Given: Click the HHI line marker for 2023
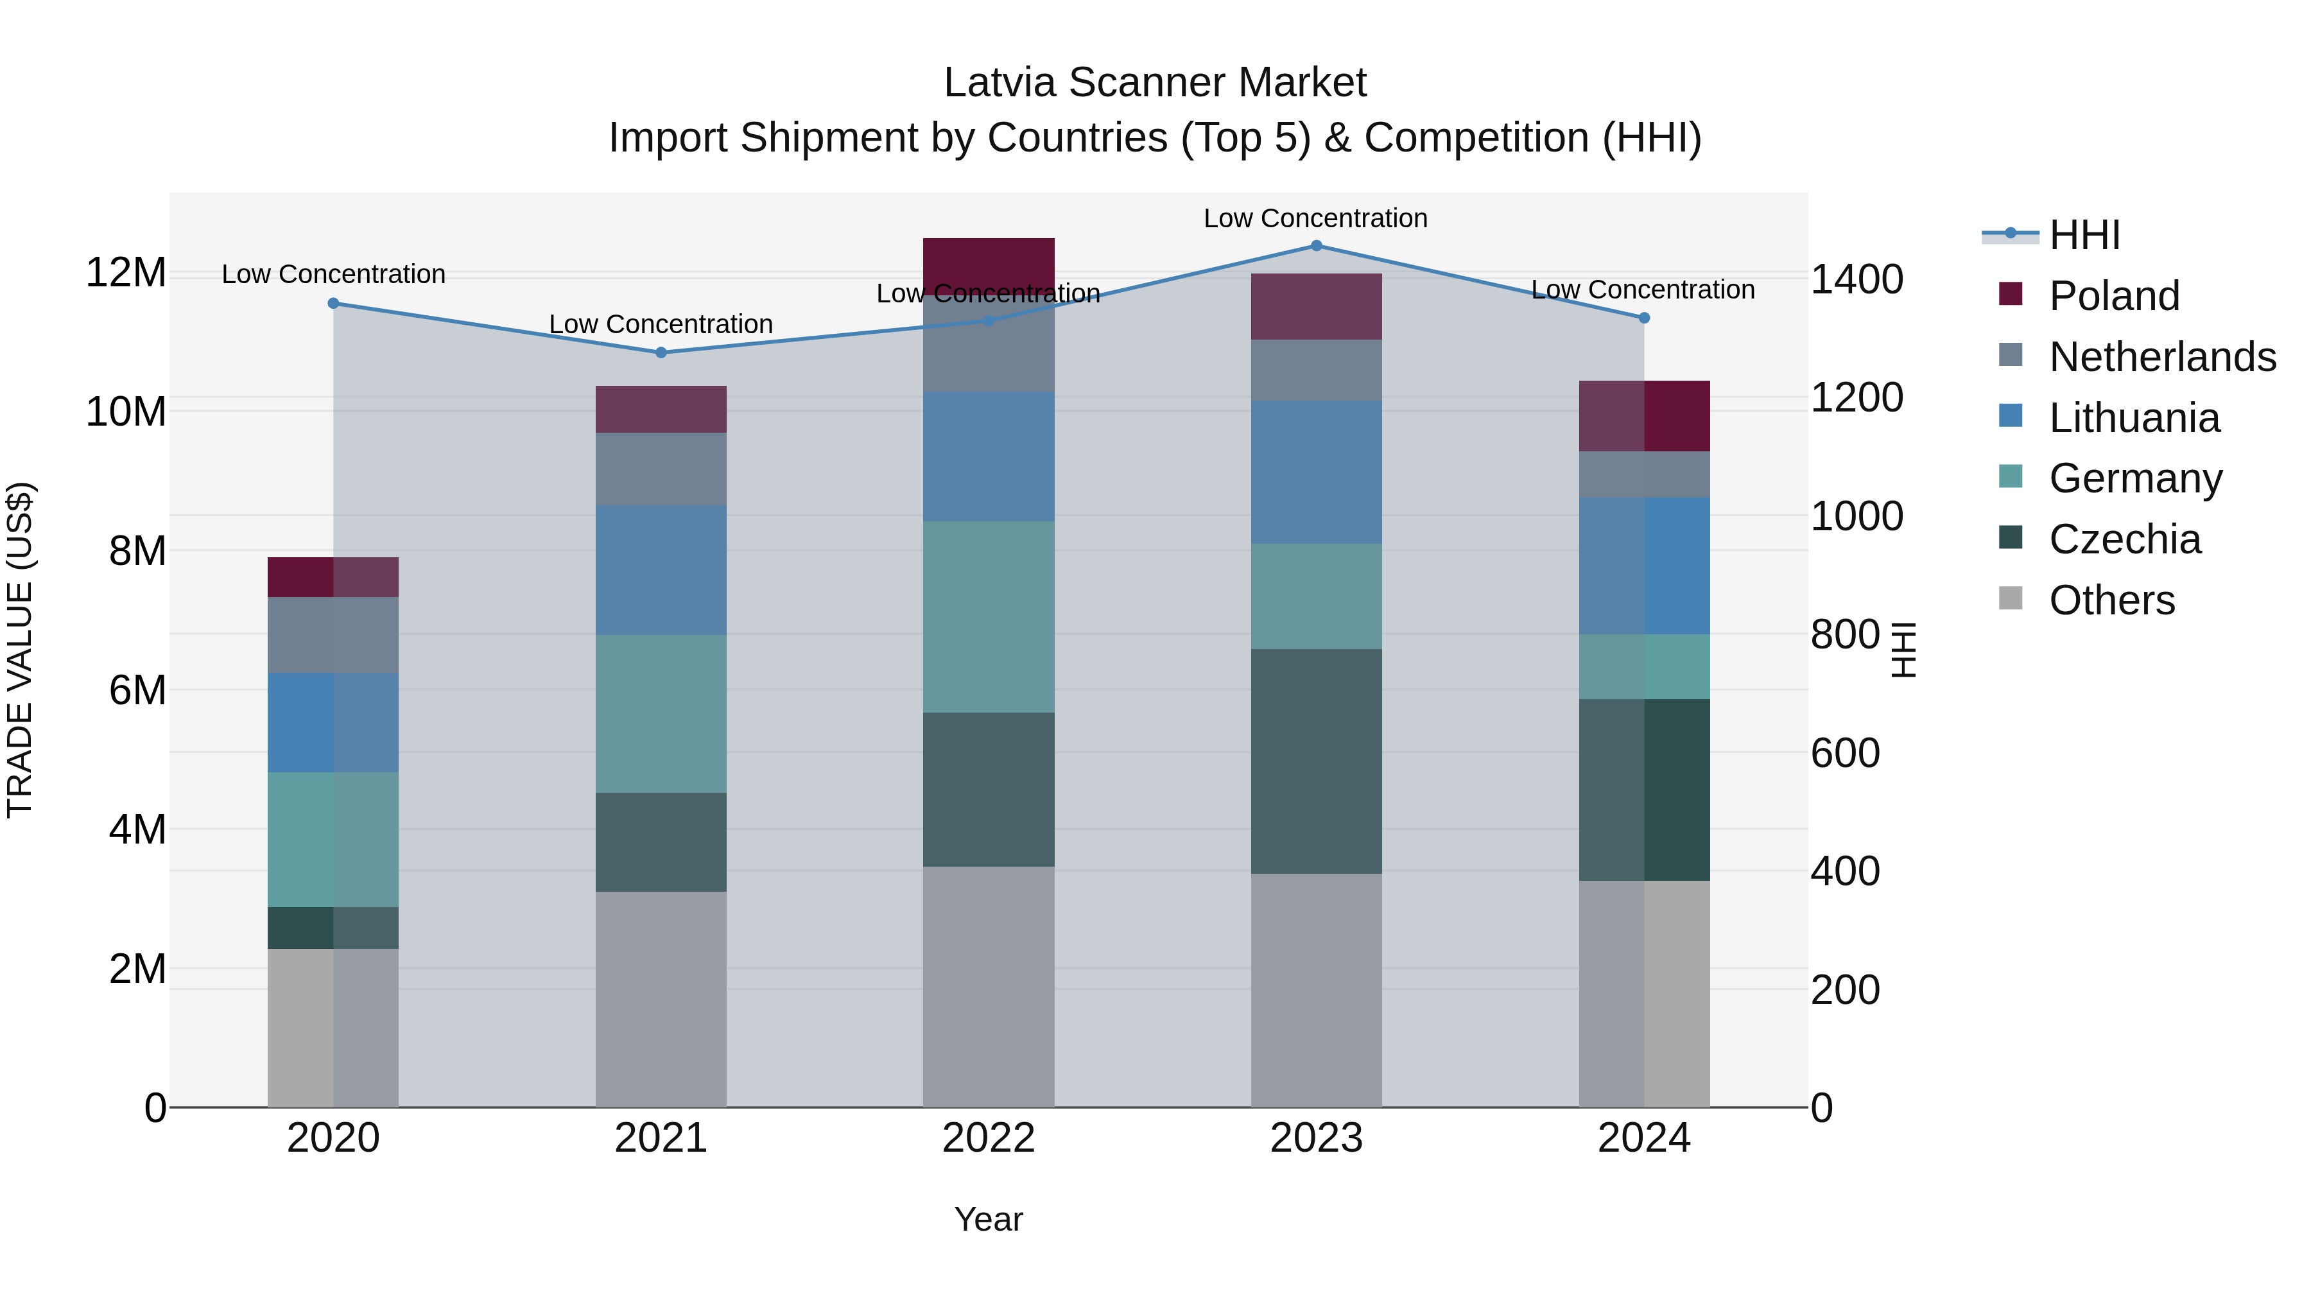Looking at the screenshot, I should point(1316,246).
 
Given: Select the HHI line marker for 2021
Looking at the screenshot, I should point(661,352).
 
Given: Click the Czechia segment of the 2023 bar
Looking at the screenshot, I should point(1316,761).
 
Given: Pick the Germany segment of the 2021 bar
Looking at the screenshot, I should point(661,713).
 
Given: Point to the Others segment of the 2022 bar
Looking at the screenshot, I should point(989,987).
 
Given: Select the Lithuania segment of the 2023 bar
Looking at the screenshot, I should point(1316,472).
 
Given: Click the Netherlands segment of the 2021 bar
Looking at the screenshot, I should point(661,469).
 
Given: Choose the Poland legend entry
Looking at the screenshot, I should point(2114,296).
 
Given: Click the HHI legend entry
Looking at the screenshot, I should point(2084,235).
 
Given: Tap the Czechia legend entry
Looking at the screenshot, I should point(2124,539).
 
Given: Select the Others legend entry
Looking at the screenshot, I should point(2111,600).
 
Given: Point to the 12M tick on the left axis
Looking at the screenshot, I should point(126,273).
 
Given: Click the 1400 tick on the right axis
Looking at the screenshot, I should point(1856,279).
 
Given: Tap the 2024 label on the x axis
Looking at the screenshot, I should point(1643,1138).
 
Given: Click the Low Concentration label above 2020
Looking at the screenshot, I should point(334,275).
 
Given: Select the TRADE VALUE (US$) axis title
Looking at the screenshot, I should point(20,650).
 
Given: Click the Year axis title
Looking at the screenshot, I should point(989,1219).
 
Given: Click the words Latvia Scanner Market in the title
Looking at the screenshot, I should point(1155,83).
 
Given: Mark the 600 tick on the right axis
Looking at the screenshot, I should point(1844,753).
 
